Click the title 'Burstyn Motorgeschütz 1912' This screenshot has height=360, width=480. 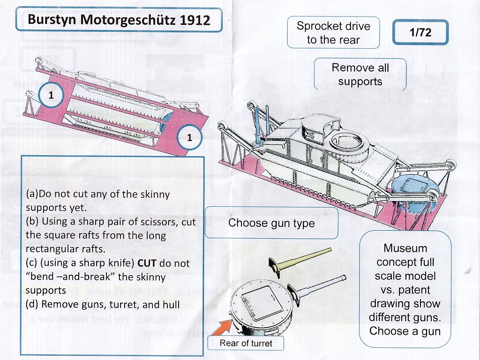point(119,20)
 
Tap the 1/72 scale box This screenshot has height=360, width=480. point(420,32)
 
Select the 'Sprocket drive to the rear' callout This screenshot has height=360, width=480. point(333,33)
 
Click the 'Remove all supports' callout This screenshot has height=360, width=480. point(360,75)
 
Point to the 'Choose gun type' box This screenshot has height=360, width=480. point(271,223)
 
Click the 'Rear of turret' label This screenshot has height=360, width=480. point(246,343)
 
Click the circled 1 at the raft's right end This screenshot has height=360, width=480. point(189,138)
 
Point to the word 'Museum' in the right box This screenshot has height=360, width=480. point(405,248)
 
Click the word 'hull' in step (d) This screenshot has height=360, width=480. point(172,304)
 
